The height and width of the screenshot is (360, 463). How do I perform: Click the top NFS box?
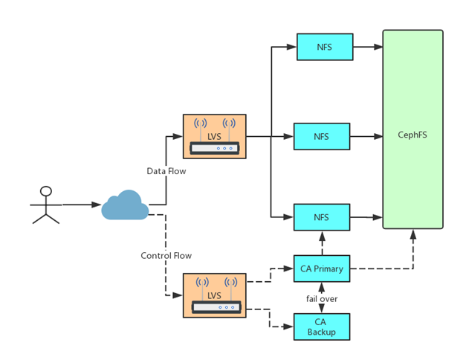pos(324,47)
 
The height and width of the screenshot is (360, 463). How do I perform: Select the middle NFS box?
pos(321,136)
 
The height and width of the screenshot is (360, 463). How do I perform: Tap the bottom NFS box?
pos(321,217)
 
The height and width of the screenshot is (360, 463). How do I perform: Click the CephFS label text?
pos(412,135)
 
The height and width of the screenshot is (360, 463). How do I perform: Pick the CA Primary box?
pos(321,269)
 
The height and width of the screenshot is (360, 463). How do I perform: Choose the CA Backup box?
pos(321,327)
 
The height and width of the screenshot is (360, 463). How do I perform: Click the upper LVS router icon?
pos(214,136)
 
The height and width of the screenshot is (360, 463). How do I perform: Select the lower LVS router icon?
pos(214,295)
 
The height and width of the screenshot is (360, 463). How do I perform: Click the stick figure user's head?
pos(46,191)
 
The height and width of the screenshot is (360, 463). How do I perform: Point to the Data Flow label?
pos(166,171)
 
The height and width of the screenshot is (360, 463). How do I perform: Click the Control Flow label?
pos(166,255)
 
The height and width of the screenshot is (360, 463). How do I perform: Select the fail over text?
pos(322,298)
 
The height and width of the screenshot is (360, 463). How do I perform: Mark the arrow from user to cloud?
pos(82,204)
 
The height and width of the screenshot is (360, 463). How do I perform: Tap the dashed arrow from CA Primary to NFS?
pos(322,242)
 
